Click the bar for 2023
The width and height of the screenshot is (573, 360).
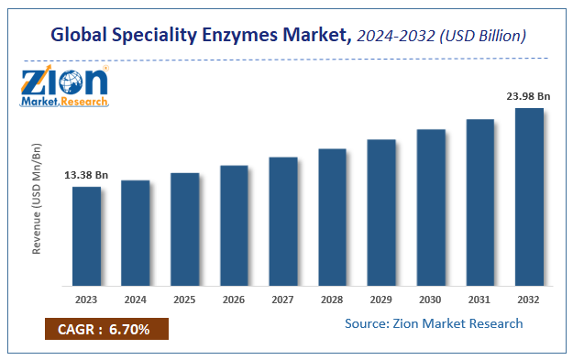86,237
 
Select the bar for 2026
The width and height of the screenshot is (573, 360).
234,226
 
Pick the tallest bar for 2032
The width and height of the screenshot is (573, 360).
529,198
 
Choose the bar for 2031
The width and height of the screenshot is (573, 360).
479,203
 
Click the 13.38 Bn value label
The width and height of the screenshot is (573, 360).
86,175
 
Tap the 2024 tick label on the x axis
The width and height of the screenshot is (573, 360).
136,299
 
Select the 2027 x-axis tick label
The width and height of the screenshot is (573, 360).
283,299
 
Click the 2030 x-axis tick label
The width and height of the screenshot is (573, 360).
431,299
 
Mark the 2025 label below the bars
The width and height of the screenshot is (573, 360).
184,299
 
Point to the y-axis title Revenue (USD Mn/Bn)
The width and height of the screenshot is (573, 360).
37,198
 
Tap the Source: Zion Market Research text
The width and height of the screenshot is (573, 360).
434,323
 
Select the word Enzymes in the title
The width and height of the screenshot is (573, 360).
242,37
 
